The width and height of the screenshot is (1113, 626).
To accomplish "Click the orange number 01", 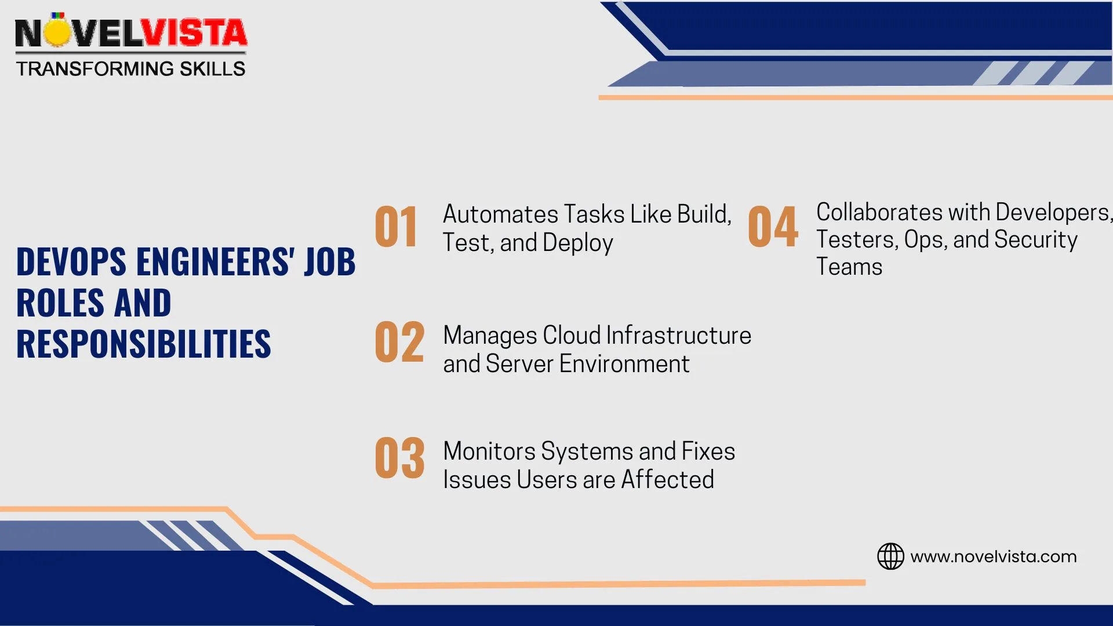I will pyautogui.click(x=396, y=227).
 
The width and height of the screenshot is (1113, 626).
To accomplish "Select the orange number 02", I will pyautogui.click(x=399, y=343).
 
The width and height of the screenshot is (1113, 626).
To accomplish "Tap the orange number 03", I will pyautogui.click(x=399, y=458).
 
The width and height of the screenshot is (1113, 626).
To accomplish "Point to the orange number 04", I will pyautogui.click(x=773, y=227).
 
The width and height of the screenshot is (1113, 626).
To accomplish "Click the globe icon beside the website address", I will pyautogui.click(x=890, y=556).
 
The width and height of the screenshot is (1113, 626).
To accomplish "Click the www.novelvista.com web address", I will pyautogui.click(x=993, y=556).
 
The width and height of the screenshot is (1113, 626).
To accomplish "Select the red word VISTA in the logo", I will pyautogui.click(x=195, y=33).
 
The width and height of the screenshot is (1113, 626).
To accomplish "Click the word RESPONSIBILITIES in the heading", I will pyautogui.click(x=143, y=344).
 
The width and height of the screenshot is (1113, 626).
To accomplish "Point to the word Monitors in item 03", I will pyautogui.click(x=489, y=452).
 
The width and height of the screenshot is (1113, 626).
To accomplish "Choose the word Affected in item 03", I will pyautogui.click(x=667, y=480).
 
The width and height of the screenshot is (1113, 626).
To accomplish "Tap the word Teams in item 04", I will pyautogui.click(x=849, y=267).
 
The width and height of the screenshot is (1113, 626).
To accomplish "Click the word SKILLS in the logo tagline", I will pyautogui.click(x=212, y=69).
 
